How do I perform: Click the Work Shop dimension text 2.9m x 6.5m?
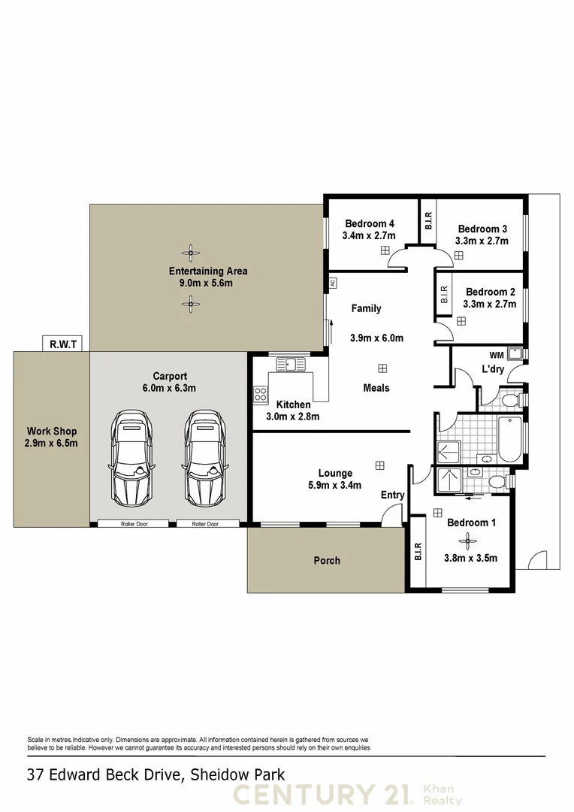tap(52, 444)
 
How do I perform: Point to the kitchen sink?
tap(291, 365)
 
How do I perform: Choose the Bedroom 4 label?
tap(370, 223)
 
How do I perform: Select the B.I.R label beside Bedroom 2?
tap(444, 294)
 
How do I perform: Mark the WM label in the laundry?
tap(497, 355)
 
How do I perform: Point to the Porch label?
tap(327, 560)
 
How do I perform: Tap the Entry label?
tap(392, 495)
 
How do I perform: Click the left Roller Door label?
tap(133, 524)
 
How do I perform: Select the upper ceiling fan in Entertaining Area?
tap(192, 252)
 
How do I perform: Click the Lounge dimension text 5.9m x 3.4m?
tap(335, 485)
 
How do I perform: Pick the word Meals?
tap(376, 388)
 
